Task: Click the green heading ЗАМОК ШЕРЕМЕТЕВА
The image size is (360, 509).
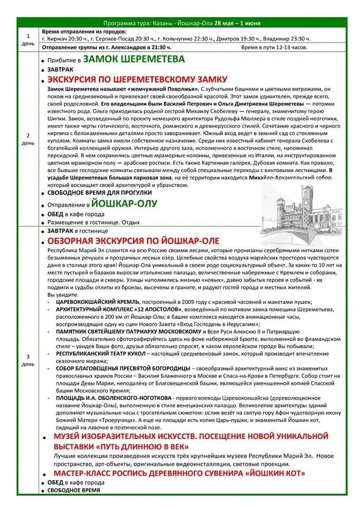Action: tap(134, 59)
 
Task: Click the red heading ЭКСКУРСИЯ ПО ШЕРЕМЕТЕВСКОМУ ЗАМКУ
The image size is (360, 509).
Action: tap(137, 79)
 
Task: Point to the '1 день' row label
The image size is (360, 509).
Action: tap(28, 40)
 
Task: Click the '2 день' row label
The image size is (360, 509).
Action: tap(28, 139)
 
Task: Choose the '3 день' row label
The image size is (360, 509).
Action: tap(28, 360)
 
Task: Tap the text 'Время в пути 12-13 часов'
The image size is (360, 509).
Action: tap(274, 48)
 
